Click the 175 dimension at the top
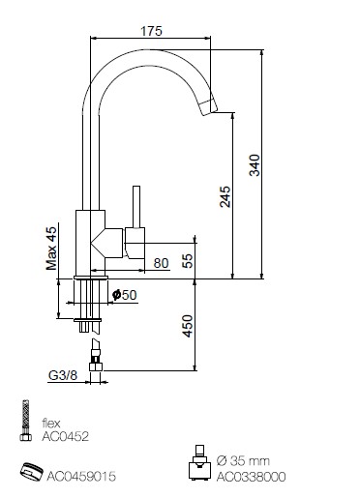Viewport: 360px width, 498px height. tap(151, 31)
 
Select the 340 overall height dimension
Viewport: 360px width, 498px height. tap(255, 165)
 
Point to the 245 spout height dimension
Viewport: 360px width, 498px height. tap(225, 196)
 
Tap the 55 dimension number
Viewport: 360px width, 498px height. tap(188, 261)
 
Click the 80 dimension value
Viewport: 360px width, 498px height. tap(161, 263)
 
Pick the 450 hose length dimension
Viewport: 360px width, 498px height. tap(188, 326)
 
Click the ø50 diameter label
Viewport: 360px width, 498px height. tap(125, 295)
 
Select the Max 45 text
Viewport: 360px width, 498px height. tap(51, 249)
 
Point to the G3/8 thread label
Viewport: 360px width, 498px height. tap(63, 375)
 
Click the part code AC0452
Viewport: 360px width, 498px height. tap(65, 436)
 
